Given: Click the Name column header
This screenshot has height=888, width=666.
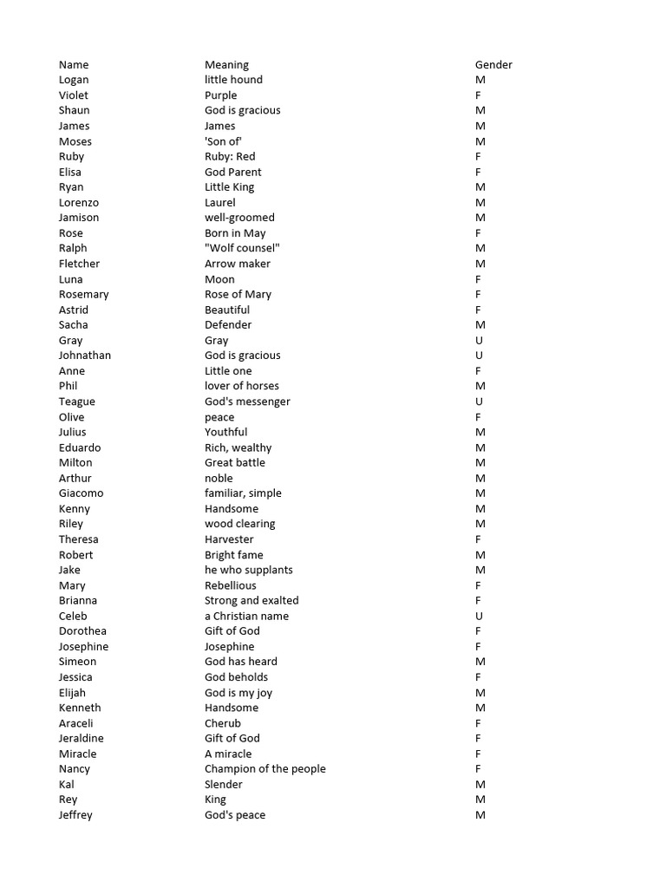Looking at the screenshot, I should [74, 65].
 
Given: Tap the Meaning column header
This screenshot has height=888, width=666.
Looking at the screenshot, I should [226, 65].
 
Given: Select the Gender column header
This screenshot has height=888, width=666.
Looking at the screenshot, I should [493, 65].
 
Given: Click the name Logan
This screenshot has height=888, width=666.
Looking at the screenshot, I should [74, 80].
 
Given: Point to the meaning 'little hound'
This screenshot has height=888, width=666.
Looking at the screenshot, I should [233, 80].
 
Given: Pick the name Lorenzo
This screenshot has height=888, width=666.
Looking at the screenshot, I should [79, 203].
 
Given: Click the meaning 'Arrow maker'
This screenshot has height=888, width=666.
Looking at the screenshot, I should [238, 264].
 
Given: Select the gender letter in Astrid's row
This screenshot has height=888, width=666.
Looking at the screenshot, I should [479, 310].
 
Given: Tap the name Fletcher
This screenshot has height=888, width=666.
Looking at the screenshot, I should [79, 264].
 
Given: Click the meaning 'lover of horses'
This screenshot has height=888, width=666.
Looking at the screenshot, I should [242, 386].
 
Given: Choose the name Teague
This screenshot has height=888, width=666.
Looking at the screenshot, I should [77, 402].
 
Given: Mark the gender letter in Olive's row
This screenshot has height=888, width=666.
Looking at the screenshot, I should [479, 417].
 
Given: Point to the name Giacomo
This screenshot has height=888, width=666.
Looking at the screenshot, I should [81, 493].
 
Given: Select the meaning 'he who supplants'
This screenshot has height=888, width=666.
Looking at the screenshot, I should [249, 570].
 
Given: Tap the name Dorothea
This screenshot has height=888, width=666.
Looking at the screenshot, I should [82, 631].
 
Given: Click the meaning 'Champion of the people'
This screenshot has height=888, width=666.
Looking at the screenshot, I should [265, 769].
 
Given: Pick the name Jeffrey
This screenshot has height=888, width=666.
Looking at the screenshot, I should [75, 815].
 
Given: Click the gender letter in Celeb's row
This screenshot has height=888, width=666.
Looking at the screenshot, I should [479, 616].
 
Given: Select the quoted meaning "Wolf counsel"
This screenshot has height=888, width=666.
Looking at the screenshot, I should [242, 248].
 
